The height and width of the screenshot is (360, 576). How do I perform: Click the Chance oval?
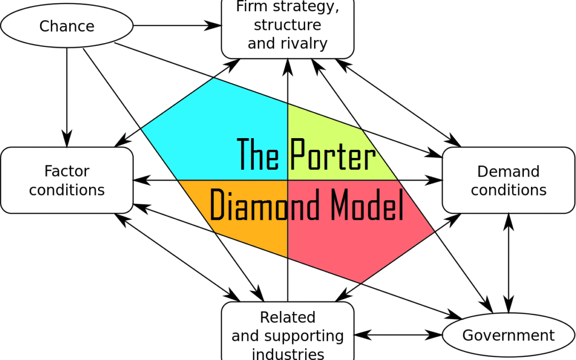click(67, 26)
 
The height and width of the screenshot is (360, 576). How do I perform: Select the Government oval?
click(508, 335)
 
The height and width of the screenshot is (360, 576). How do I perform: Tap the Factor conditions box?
click(67, 180)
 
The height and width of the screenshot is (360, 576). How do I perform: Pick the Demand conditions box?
click(508, 180)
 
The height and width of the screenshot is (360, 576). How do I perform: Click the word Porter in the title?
click(333, 155)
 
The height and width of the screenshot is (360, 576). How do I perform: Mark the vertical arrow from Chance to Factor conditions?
click(67, 96)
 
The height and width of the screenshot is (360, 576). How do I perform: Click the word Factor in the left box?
click(67, 171)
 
